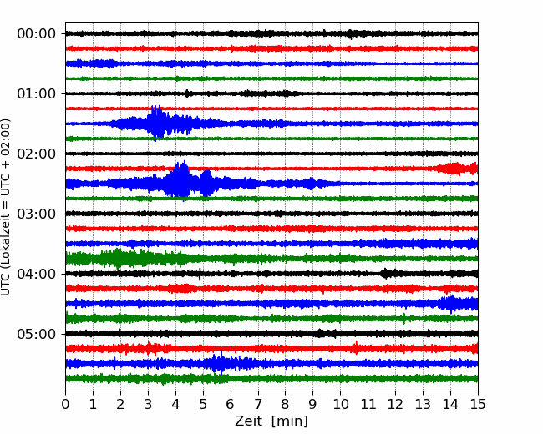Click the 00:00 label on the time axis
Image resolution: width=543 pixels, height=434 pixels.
pos(37,34)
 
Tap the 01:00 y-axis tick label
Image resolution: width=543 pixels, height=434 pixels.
pos(37,93)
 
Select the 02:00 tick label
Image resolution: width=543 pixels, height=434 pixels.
pos(37,154)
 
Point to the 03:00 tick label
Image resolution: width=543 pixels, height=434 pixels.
pos(37,214)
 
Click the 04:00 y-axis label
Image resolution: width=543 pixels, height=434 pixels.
pos(37,274)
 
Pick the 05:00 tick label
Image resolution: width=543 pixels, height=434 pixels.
pos(37,334)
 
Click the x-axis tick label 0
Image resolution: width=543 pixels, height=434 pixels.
pos(65,404)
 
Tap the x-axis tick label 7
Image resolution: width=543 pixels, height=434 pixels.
pos(258,404)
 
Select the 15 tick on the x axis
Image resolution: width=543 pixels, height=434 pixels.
pos(478,404)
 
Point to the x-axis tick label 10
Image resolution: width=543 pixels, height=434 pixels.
pos(340,404)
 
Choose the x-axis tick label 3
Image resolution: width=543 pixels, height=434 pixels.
pos(148,404)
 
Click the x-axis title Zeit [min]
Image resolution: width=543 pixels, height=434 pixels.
pos(271,421)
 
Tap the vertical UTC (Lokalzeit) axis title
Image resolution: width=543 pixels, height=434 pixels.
pos(5,207)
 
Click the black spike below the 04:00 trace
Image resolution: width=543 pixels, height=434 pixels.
pos(200,275)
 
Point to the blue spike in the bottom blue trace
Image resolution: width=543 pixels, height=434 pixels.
pos(221,362)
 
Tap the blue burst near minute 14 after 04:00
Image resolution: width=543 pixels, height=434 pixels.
pos(451,304)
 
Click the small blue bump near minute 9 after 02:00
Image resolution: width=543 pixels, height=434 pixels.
pos(312,184)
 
